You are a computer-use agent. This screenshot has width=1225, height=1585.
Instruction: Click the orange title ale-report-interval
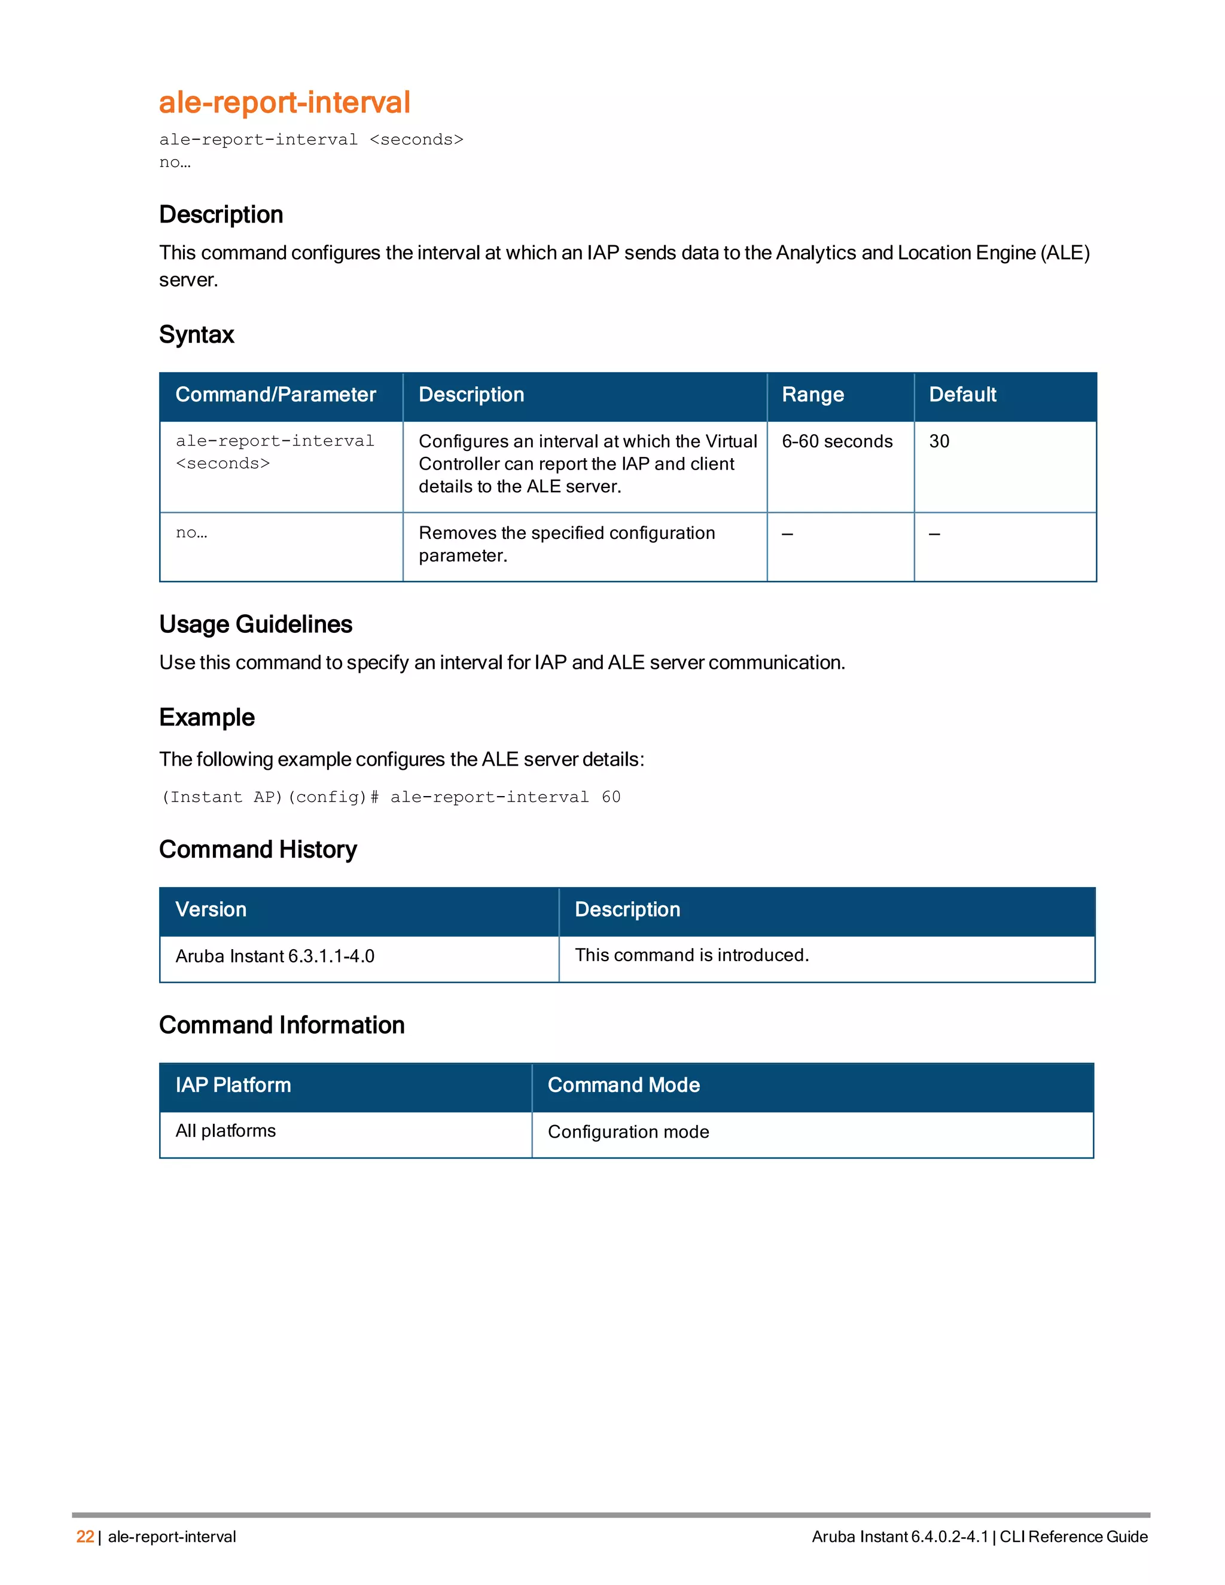point(285,102)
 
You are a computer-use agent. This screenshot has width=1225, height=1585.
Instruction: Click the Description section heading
point(221,215)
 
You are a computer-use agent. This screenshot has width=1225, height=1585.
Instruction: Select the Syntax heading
point(197,334)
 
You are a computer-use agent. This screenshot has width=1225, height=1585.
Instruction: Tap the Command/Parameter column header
point(276,395)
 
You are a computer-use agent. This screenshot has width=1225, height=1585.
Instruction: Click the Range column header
point(813,395)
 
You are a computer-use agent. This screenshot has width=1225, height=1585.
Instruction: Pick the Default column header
point(962,395)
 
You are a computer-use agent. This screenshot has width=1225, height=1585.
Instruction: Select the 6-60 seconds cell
point(837,441)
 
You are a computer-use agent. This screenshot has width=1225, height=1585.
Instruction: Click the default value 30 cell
point(939,441)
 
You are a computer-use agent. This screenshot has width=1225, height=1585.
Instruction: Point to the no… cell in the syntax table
point(191,533)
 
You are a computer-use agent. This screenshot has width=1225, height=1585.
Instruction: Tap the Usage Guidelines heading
point(255,624)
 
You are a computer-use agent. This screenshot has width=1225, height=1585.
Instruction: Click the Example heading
point(207,717)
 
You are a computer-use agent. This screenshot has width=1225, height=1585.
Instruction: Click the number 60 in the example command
point(611,797)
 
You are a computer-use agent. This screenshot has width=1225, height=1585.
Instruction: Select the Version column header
point(211,909)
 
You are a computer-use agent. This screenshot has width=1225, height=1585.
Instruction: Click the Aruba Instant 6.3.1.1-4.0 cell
point(275,956)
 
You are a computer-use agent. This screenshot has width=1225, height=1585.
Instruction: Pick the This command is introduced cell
point(691,955)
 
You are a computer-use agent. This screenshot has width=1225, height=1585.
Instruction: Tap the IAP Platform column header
point(233,1085)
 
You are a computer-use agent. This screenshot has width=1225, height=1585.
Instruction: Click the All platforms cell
point(226,1130)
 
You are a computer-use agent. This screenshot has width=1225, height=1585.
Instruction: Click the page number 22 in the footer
point(85,1537)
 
